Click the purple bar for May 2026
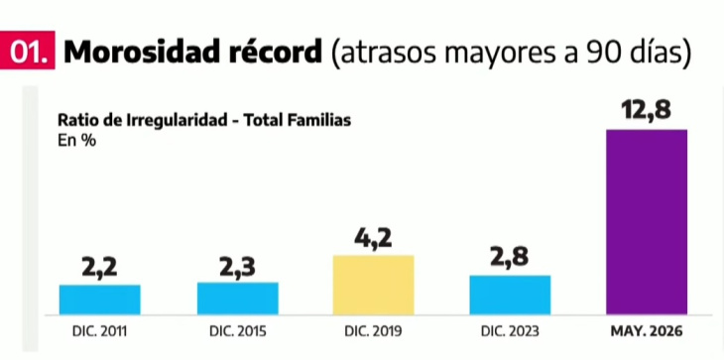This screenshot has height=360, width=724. pyautogui.click(x=647, y=222)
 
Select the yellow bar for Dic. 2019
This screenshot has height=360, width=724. pyautogui.click(x=373, y=285)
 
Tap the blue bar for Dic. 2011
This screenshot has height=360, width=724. pyautogui.click(x=100, y=300)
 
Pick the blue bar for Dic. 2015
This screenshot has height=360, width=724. pyautogui.click(x=237, y=299)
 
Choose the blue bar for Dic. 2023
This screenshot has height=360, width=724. pyautogui.click(x=510, y=295)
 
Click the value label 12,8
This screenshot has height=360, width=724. pyautogui.click(x=646, y=110)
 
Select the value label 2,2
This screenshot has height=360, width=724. pyautogui.click(x=100, y=267)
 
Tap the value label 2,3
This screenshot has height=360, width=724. pyautogui.click(x=237, y=267)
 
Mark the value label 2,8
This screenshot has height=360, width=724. pyautogui.click(x=510, y=257)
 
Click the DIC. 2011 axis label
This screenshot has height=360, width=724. pyautogui.click(x=100, y=331)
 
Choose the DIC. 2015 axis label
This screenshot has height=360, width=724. pyautogui.click(x=238, y=331)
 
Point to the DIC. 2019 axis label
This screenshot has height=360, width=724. pyautogui.click(x=374, y=331)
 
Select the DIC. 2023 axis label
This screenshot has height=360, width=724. pyautogui.click(x=510, y=331)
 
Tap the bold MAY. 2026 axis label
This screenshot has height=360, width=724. pyautogui.click(x=647, y=331)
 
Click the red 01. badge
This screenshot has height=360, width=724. pyautogui.click(x=27, y=51)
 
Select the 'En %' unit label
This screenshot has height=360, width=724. pyautogui.click(x=76, y=141)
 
